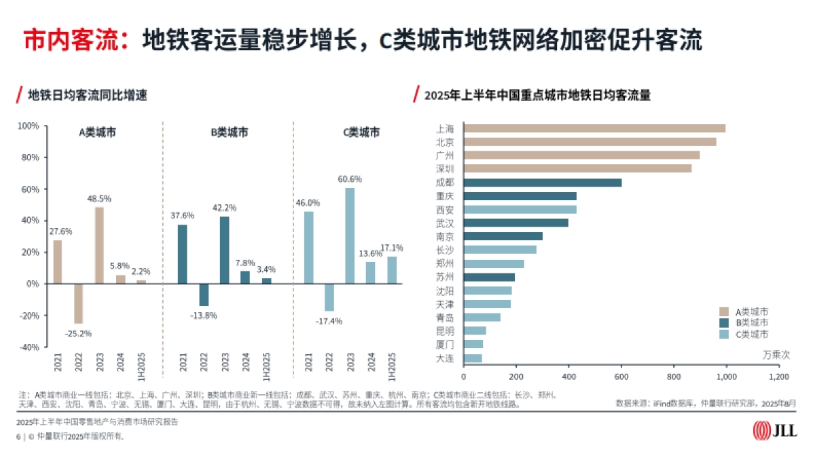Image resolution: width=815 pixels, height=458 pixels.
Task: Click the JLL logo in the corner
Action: click(774, 431)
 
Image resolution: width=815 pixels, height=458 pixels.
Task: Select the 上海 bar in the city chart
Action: click(594, 128)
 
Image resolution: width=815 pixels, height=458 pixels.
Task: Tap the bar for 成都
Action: click(542, 183)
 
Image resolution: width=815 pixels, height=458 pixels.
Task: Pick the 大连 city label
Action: click(445, 358)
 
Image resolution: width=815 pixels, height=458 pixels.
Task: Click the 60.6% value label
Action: click(350, 179)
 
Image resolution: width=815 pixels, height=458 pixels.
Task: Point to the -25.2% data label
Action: click(78, 333)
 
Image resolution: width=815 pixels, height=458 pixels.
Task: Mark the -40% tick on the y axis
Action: click(28, 347)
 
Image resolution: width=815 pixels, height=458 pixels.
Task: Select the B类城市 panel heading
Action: click(229, 132)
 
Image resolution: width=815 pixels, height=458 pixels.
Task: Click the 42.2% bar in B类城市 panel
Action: click(224, 250)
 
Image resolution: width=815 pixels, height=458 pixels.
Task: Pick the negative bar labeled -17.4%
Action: click(329, 297)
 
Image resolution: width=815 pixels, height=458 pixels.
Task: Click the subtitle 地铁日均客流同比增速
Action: click(88, 96)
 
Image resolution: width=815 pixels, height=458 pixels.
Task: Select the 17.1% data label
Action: click(392, 248)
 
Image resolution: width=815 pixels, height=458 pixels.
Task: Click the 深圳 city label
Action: click(445, 168)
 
